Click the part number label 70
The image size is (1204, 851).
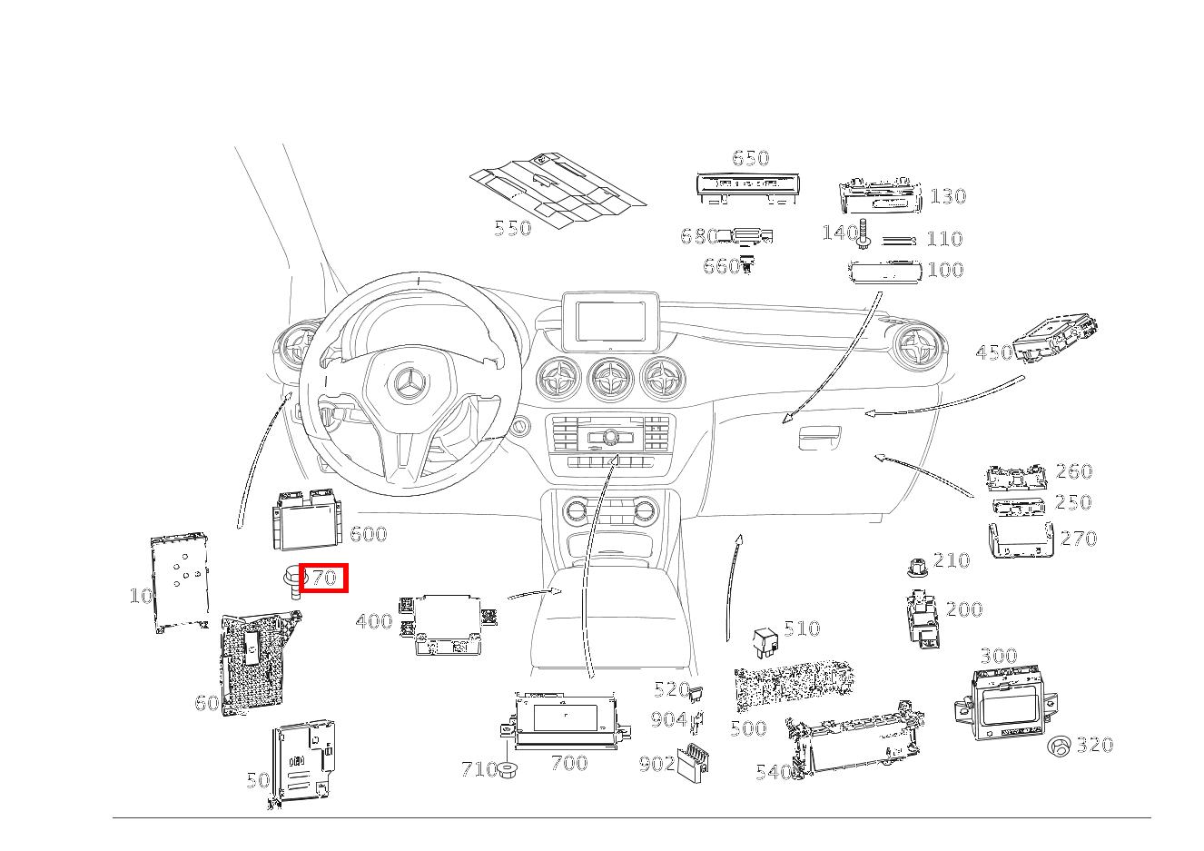pos(325,578)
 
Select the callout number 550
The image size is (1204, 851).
pos(513,229)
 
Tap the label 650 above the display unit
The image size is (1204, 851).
pos(751,158)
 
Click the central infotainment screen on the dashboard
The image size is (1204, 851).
pos(610,322)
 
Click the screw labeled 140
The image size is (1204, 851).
pos(864,235)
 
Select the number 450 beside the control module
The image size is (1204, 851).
pos(994,353)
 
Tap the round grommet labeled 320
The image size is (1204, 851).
pos(1059,747)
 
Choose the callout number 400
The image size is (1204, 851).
pos(374,621)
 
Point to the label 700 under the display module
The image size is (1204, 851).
pos(569,763)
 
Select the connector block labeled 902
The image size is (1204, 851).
pos(692,764)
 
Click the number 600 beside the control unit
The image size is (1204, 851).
pos(368,534)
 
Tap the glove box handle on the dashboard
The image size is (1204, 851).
pos(820,438)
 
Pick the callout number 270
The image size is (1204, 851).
pos(1079,539)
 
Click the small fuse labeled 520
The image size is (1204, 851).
pos(696,694)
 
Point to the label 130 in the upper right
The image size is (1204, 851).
pos(948,197)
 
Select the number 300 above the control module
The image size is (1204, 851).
pos(999,657)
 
